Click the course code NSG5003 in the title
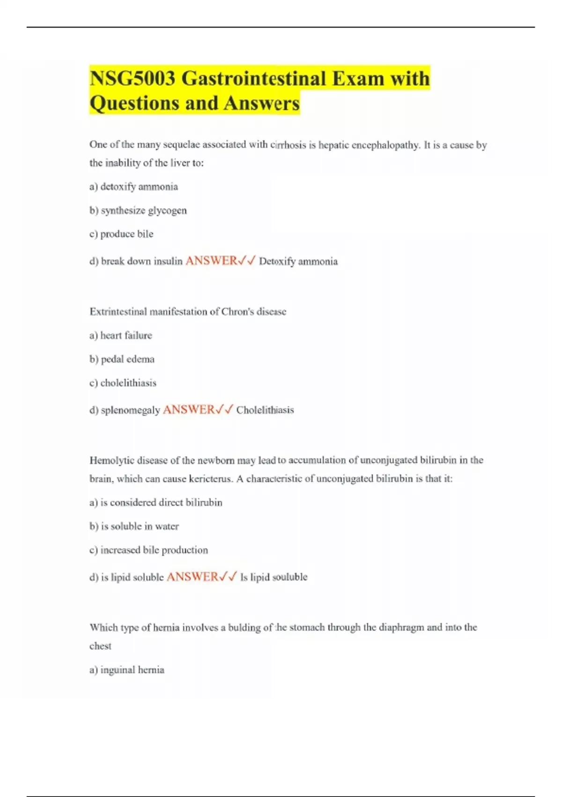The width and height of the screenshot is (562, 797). pos(132,78)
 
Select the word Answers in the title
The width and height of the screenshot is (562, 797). pos(261,103)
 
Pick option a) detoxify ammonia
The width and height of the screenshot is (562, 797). pos(134,187)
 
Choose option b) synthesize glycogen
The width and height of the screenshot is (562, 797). pos(138,211)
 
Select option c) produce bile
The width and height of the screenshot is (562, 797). pos(121,234)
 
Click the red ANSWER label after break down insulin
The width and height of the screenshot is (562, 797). pos(211,261)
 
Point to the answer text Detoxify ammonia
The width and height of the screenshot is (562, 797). pos(298,262)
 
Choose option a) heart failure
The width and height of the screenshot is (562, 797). pos(121,336)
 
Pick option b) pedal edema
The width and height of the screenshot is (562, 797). pos(122,359)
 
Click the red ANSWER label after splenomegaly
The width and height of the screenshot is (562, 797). pos(188,410)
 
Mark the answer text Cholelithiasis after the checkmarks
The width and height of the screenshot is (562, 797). pos(265,410)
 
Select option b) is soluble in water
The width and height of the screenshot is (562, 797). pos(134,526)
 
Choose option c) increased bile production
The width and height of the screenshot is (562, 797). pos(149,550)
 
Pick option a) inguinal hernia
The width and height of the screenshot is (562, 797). pos(127,670)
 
